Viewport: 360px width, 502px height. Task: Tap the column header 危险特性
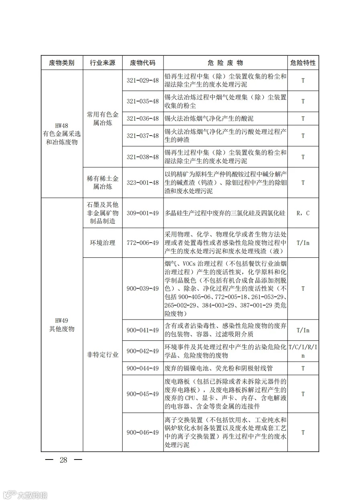click(303, 63)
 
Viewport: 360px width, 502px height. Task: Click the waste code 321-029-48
click(143, 80)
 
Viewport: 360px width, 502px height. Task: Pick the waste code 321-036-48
click(143, 119)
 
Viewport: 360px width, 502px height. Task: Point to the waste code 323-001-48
click(143, 182)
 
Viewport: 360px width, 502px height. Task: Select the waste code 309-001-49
click(143, 213)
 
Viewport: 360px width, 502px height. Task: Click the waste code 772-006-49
click(143, 243)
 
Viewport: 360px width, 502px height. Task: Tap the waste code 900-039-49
click(143, 289)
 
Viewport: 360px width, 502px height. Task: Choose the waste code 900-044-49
click(143, 368)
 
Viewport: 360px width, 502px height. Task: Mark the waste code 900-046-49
click(143, 433)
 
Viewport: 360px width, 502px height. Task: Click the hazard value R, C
click(303, 213)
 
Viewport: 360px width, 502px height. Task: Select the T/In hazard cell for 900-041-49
click(303, 330)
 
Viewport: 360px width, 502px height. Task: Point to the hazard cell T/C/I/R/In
click(303, 351)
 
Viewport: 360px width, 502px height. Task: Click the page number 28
click(63, 460)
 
